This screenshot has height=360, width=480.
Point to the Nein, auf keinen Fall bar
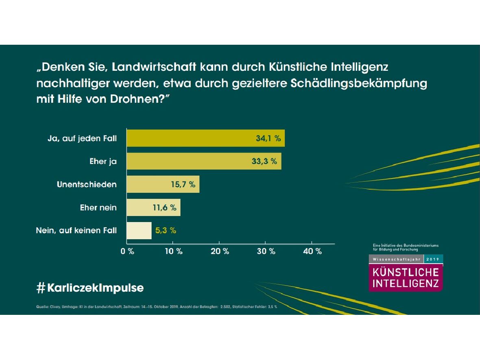139,230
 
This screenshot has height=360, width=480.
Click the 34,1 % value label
268,138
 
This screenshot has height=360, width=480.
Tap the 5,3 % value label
166,231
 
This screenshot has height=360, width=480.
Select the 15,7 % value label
183,185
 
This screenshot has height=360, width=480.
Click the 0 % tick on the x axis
128,251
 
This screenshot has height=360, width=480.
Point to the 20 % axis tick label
220,251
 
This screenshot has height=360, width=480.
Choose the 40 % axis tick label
312,251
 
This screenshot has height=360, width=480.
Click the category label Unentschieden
87,185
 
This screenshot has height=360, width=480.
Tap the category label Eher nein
98,207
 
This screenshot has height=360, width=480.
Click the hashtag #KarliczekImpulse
90,288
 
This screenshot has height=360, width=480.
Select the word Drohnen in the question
136,99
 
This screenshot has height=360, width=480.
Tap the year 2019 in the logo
433,259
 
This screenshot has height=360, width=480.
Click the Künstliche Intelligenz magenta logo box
406,278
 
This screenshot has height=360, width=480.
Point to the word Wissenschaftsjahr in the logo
396,259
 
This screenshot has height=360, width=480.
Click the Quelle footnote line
157,306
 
